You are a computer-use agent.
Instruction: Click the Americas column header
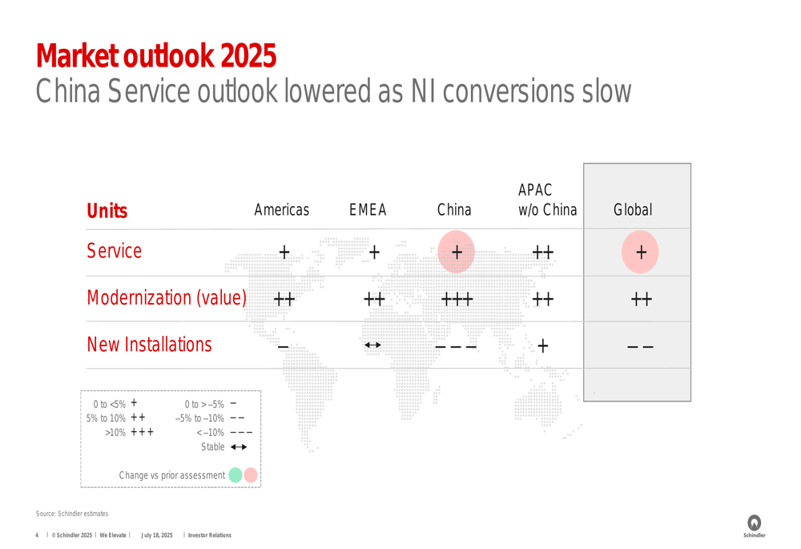pyautogui.click(x=281, y=209)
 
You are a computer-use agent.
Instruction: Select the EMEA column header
pyautogui.click(x=368, y=209)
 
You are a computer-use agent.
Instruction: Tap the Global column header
pyautogui.click(x=633, y=209)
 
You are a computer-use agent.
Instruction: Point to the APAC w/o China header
pyautogui.click(x=548, y=200)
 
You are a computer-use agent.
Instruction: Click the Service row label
pyautogui.click(x=114, y=251)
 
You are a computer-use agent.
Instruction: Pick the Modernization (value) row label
pyautogui.click(x=167, y=297)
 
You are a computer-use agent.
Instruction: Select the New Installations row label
pyautogui.click(x=149, y=345)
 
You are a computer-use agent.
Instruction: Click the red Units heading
pyautogui.click(x=107, y=211)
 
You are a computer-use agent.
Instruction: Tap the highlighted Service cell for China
pyautogui.click(x=457, y=252)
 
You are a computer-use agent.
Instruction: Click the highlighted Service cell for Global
pyautogui.click(x=640, y=252)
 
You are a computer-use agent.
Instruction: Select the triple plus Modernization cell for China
pyautogui.click(x=457, y=299)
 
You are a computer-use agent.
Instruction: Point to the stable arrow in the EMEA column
pyautogui.click(x=373, y=345)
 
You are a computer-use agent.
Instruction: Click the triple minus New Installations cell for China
pyautogui.click(x=457, y=347)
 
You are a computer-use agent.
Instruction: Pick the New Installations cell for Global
pyautogui.click(x=641, y=347)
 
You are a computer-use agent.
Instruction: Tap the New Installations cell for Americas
pyautogui.click(x=283, y=347)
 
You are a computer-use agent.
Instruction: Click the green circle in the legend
pyautogui.click(x=235, y=475)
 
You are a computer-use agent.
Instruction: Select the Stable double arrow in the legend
pyautogui.click(x=239, y=446)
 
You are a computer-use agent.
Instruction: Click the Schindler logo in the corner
pyautogui.click(x=755, y=526)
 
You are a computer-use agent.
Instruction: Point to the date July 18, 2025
pyautogui.click(x=157, y=535)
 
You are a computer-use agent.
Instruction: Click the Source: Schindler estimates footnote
pyautogui.click(x=72, y=513)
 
